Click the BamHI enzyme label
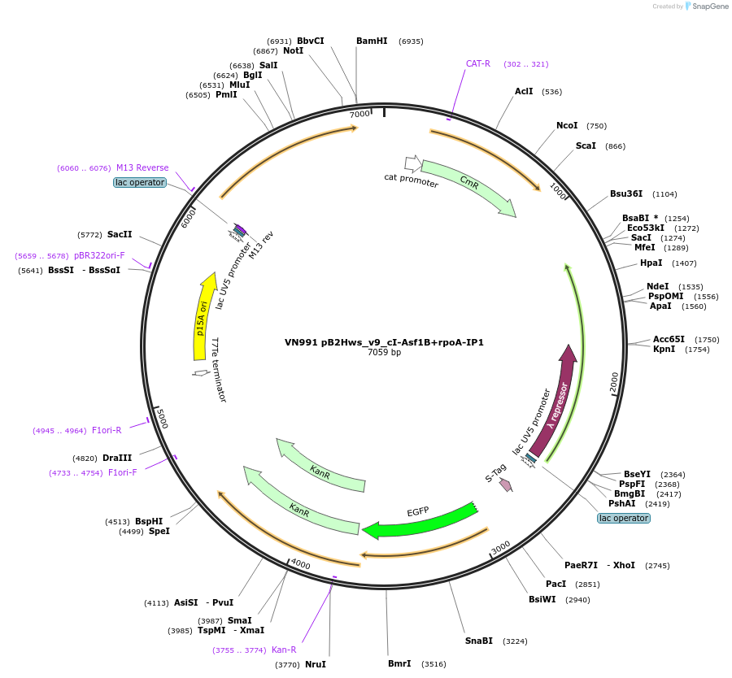pyautogui.click(x=372, y=41)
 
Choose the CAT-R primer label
pyautogui.click(x=477, y=63)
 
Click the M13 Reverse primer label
pyautogui.click(x=142, y=168)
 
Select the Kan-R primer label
pyautogui.click(x=284, y=650)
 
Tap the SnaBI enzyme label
pyautogui.click(x=479, y=641)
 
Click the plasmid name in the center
pyautogui.click(x=384, y=342)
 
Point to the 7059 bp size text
pyautogui.click(x=384, y=353)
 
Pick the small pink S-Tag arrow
pyautogui.click(x=506, y=485)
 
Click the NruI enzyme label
pyautogui.click(x=316, y=664)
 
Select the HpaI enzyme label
pyautogui.click(x=651, y=263)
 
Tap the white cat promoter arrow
pyautogui.click(x=413, y=163)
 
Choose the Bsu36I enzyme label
pyautogui.click(x=626, y=193)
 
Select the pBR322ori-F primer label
pyautogui.click(x=99, y=255)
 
